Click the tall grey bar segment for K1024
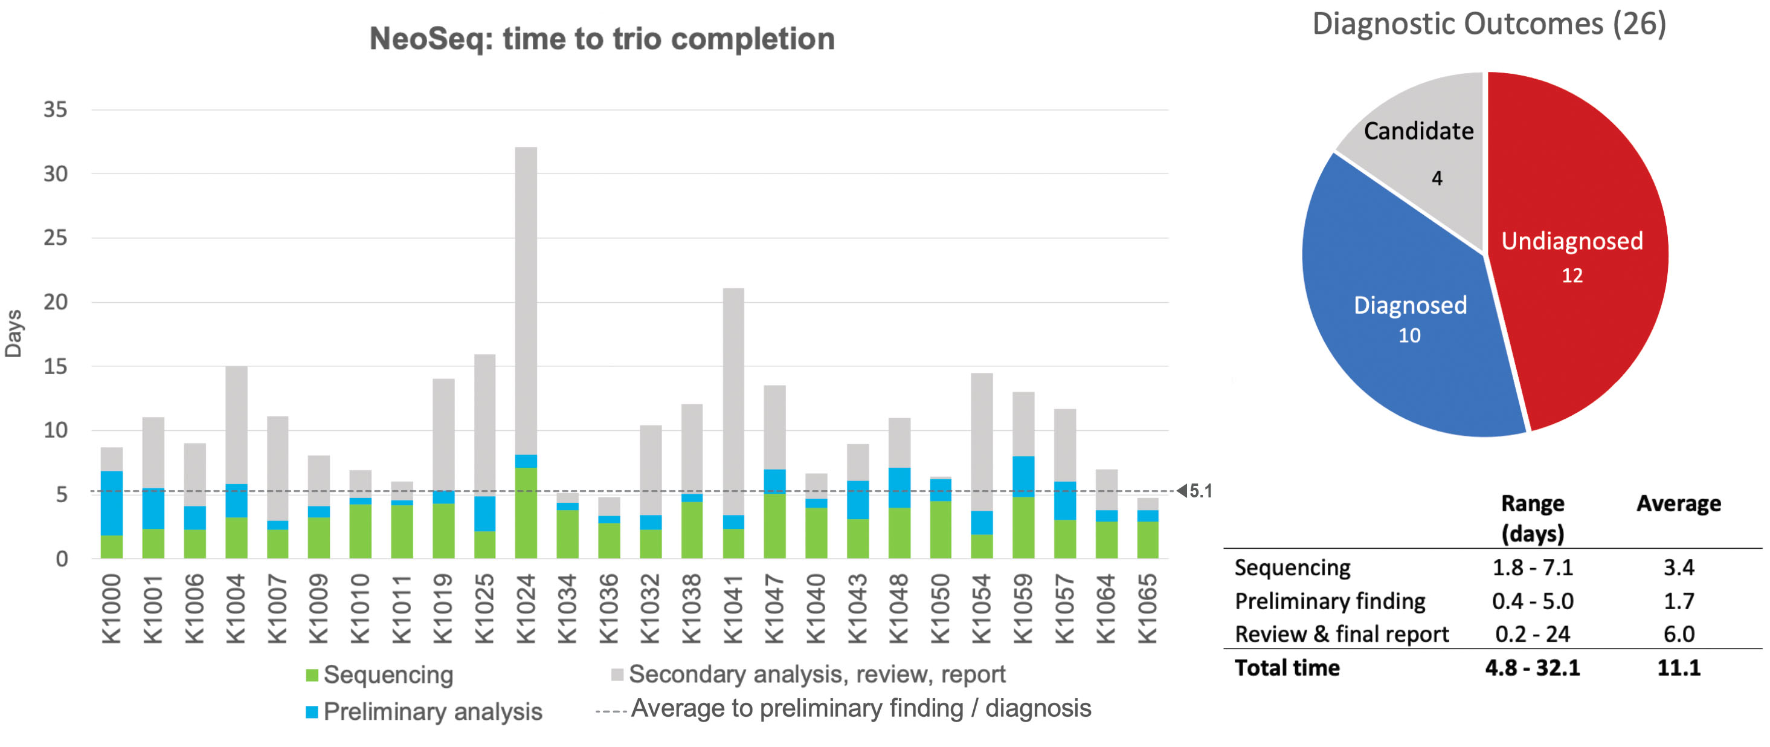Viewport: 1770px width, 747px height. pyautogui.click(x=526, y=300)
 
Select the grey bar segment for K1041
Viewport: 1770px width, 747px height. pyautogui.click(x=733, y=401)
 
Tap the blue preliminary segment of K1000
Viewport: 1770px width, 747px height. pyautogui.click(x=111, y=503)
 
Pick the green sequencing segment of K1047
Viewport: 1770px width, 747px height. pyautogui.click(x=774, y=526)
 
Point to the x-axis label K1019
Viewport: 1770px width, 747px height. pyautogui.click(x=443, y=609)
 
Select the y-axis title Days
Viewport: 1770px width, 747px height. pyautogui.click(x=14, y=334)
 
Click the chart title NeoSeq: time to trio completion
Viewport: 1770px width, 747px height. pyautogui.click(x=602, y=39)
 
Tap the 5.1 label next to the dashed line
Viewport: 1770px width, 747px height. pyautogui.click(x=1200, y=491)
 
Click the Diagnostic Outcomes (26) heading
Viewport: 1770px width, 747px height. pyautogui.click(x=1489, y=24)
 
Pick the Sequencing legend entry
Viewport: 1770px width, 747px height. pyautogui.click(x=379, y=675)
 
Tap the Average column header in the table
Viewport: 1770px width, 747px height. pyautogui.click(x=1678, y=503)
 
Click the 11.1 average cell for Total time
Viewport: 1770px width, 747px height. pyautogui.click(x=1678, y=667)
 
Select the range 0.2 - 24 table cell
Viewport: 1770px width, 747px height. pyautogui.click(x=1532, y=633)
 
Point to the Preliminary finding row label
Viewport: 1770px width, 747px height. pyautogui.click(x=1330, y=601)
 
